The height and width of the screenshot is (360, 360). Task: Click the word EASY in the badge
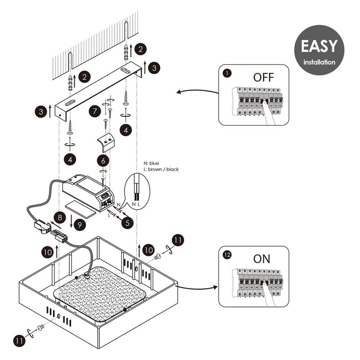(319, 46)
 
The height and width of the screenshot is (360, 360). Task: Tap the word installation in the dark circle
(319, 62)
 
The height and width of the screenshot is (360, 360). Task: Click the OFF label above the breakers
(263, 78)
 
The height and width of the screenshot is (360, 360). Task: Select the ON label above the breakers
(262, 259)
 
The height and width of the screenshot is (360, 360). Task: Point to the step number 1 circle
(227, 73)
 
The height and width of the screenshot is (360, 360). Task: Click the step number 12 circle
(227, 254)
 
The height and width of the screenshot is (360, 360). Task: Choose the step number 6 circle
(103, 160)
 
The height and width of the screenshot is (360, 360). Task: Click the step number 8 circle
(61, 218)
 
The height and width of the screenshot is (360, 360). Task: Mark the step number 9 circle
(79, 224)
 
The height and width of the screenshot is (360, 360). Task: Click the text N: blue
(151, 164)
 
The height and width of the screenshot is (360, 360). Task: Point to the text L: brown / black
(161, 169)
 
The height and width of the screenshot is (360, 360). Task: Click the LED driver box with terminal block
(87, 192)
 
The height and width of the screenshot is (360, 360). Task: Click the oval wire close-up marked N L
(136, 189)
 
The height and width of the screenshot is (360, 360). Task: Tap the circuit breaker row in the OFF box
(257, 101)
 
